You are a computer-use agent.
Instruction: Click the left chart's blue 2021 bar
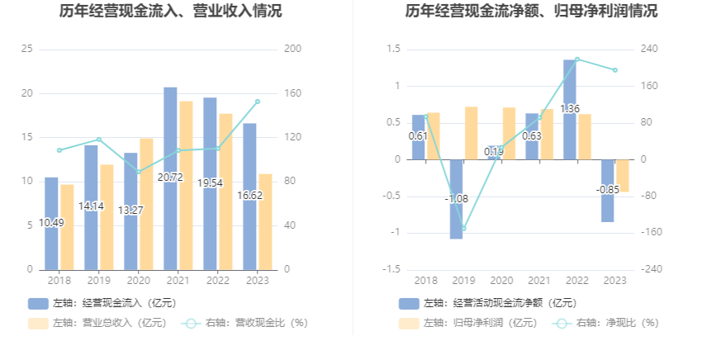[x=170, y=132]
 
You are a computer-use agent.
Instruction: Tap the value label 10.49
[x=51, y=222]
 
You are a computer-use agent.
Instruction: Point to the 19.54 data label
[x=210, y=182]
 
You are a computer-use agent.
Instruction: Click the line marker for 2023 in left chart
[x=257, y=102]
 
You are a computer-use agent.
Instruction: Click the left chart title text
[x=170, y=12]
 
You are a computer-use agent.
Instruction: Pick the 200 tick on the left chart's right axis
[x=292, y=50]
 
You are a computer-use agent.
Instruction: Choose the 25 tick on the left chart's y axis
[x=26, y=50]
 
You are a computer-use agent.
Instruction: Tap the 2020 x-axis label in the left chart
[x=138, y=281]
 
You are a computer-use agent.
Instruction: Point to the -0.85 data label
[x=608, y=189]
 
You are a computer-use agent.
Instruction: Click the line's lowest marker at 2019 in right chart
[x=463, y=229]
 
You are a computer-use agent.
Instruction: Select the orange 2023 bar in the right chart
[x=622, y=176]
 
